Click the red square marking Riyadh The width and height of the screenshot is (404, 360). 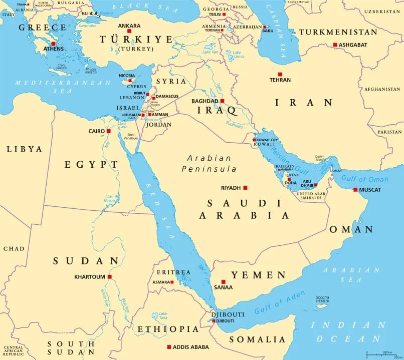[245, 188]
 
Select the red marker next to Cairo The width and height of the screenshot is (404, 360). [108, 131]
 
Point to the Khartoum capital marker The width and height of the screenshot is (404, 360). [109, 276]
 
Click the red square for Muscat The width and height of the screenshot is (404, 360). [355, 190]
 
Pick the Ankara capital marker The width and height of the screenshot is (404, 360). [129, 31]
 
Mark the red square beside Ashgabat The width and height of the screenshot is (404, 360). [335, 45]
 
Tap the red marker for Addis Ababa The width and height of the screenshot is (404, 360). [169, 346]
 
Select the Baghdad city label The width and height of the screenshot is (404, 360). [205, 101]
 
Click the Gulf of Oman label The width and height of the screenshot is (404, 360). [364, 179]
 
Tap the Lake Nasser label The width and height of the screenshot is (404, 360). [109, 199]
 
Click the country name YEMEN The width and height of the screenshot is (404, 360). [258, 275]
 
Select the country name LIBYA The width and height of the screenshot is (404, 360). [24, 149]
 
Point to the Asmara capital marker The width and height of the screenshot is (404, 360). [172, 282]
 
